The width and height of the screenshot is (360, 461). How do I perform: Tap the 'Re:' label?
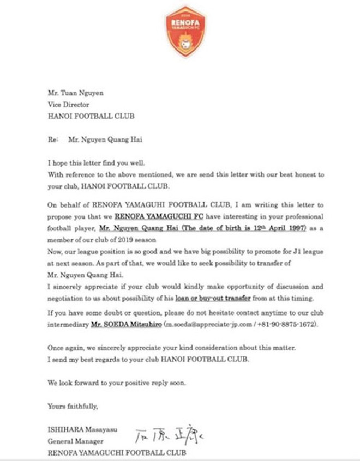53,139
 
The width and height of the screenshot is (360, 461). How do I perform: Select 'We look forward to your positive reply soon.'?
117,382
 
